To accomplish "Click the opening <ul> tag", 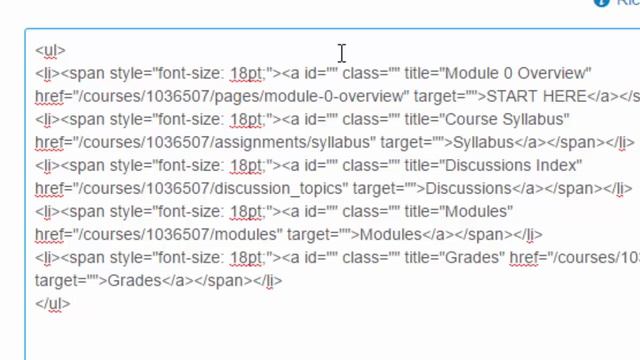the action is (x=50, y=50).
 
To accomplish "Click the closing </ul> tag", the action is (x=53, y=304).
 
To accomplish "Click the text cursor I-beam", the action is (x=342, y=53).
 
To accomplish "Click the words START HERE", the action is (x=537, y=96).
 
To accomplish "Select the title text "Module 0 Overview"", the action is (x=518, y=73).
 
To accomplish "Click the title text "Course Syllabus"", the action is (x=507, y=120).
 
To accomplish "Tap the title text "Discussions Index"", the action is (x=513, y=165).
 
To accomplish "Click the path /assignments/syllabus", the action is (x=293, y=142).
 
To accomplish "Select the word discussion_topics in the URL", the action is (x=281, y=189).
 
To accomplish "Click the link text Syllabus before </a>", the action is (x=483, y=142).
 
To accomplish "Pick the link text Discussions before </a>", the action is (x=468, y=189).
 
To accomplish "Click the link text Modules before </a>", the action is (x=390, y=235).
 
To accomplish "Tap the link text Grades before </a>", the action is (x=135, y=281).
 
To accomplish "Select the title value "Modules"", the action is (x=478, y=211).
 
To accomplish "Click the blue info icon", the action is (x=602, y=2).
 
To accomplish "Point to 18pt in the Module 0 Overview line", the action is (x=246, y=73).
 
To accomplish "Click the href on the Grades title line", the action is (x=524, y=258).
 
